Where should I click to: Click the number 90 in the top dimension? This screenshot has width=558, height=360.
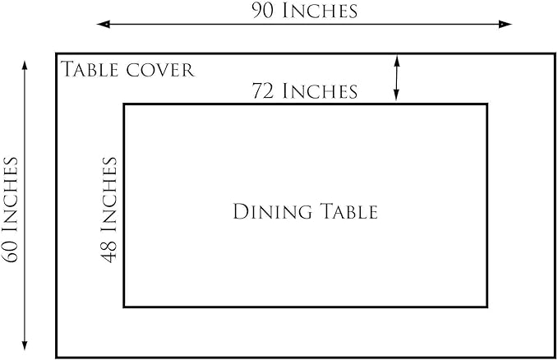[263, 11]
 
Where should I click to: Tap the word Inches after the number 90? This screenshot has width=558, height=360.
[320, 11]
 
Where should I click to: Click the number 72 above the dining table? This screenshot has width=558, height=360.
[263, 90]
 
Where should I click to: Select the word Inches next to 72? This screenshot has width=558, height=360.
[320, 90]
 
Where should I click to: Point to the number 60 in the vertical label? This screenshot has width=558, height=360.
[11, 252]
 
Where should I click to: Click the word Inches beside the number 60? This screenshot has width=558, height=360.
[11, 195]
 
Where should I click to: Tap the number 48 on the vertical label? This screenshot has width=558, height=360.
[109, 252]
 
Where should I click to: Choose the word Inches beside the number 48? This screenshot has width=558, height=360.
[109, 195]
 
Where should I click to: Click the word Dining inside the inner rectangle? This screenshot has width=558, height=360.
[273, 211]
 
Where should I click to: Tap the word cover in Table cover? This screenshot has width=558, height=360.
[160, 71]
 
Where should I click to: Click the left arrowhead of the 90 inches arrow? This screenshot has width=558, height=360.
[103, 24]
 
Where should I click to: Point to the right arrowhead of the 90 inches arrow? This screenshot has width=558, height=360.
[505, 24]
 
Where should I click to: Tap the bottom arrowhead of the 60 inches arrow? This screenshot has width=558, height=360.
[25, 344]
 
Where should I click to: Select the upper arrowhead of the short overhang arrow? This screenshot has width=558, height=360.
[397, 61]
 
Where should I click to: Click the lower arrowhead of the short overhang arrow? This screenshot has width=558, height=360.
[397, 95]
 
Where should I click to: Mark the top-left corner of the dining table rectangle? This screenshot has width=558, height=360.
[124, 104]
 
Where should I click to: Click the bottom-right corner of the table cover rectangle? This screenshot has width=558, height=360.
[556, 358]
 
